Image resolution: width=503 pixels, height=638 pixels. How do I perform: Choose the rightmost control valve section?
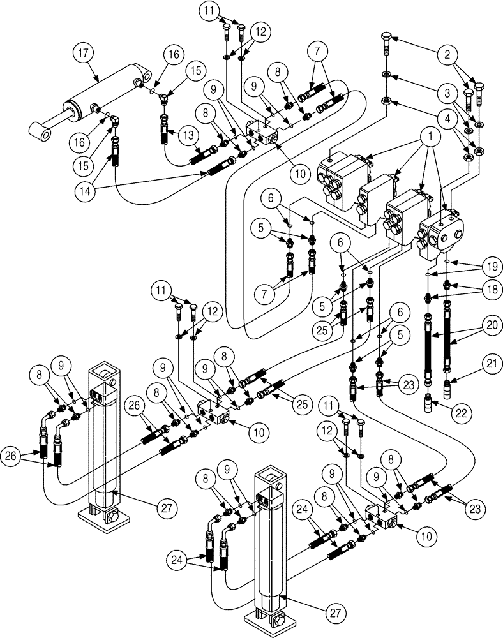pos(442,235)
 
